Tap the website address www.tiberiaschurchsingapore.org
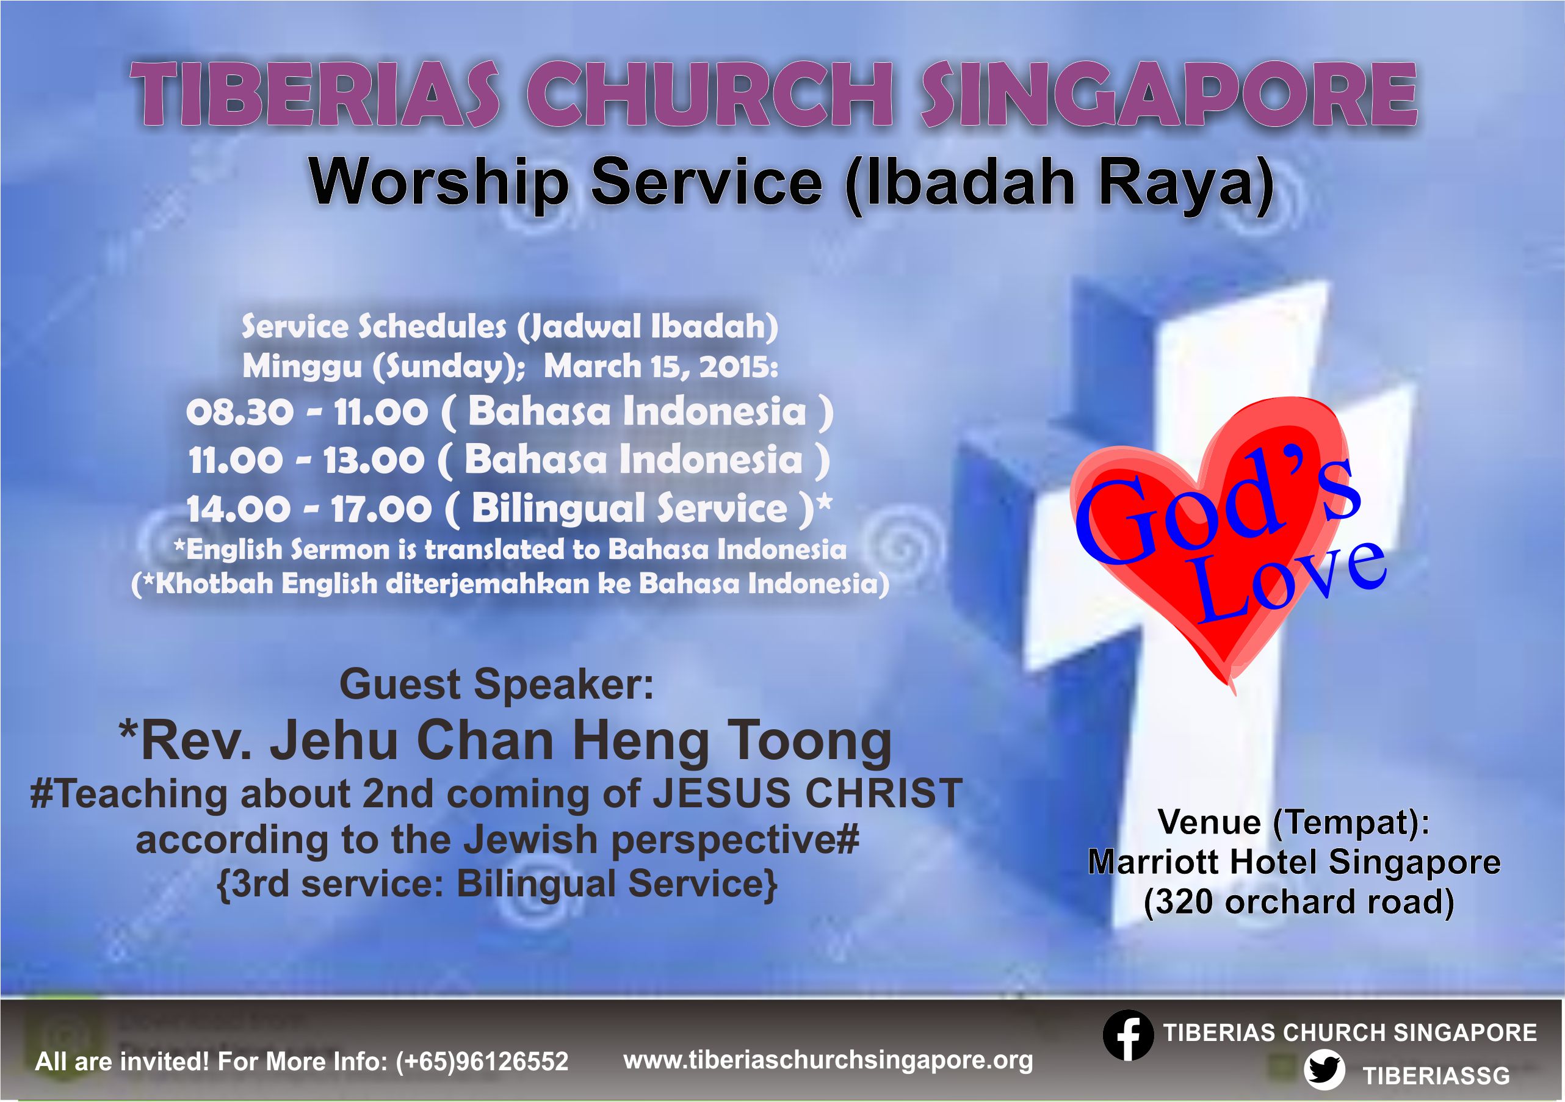pos(828,1060)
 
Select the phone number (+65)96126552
pos(482,1061)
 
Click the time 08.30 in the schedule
pos(240,412)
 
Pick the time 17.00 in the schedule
pos(381,509)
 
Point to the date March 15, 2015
pos(660,367)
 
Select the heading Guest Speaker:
pos(496,684)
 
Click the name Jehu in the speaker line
pos(334,741)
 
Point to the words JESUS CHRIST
pos(808,793)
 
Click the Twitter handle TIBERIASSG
pos(1436,1075)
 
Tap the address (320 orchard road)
pos(1299,902)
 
